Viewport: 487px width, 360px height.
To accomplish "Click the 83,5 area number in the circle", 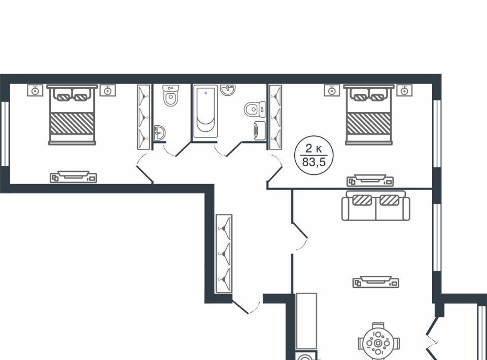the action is pyautogui.click(x=314, y=162).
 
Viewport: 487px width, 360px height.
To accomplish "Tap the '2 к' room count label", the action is pyautogui.click(x=314, y=149).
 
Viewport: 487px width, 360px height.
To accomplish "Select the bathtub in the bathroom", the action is pyautogui.click(x=205, y=112).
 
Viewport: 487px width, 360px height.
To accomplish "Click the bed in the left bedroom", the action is pyautogui.click(x=72, y=115).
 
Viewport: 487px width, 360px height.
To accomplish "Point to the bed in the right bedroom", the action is pyautogui.click(x=369, y=115).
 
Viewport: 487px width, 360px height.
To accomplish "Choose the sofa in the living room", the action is pyautogui.click(x=375, y=206).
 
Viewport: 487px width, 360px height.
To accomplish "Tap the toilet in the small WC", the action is pyautogui.click(x=170, y=96).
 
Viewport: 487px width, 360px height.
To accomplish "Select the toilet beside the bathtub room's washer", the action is pyautogui.click(x=255, y=109).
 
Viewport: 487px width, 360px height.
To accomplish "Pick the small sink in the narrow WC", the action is pyautogui.click(x=160, y=133).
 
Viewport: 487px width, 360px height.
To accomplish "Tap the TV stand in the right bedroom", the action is pyautogui.click(x=370, y=181).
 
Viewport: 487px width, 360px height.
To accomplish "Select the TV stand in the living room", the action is pyautogui.click(x=376, y=282).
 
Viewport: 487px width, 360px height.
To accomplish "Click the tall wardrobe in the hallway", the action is pyautogui.click(x=224, y=253).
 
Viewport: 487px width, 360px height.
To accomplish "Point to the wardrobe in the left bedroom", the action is pyautogui.click(x=144, y=117).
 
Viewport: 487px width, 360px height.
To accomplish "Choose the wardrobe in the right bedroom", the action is pyautogui.click(x=275, y=117).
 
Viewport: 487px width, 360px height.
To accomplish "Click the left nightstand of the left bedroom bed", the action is pyautogui.click(x=35, y=90).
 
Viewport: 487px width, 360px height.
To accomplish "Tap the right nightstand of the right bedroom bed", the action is pyautogui.click(x=404, y=90).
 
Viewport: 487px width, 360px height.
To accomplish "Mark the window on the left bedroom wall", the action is pyautogui.click(x=5, y=133).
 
